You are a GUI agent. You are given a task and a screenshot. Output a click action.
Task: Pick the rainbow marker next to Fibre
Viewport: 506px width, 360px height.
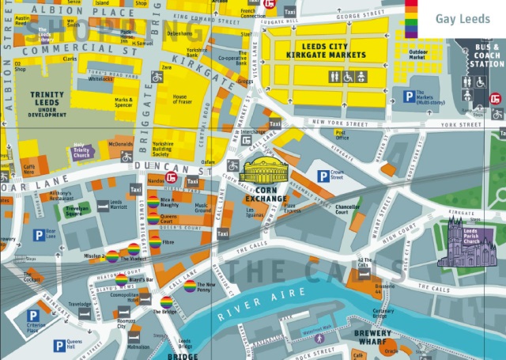[155, 243]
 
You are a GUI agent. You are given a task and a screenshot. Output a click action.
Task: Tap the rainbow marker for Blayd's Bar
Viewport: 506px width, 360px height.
[121, 279]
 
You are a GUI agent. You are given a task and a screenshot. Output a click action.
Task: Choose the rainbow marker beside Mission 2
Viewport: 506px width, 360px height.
[113, 256]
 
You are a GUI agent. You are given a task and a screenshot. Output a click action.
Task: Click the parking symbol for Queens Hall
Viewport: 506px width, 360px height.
[59, 345]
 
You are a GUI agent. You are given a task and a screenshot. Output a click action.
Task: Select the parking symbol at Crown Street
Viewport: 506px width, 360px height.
[323, 176]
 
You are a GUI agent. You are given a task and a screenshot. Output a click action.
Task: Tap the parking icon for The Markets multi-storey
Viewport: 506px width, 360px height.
[409, 97]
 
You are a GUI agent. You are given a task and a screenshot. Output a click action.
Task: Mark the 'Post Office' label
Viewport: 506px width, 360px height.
[342, 135]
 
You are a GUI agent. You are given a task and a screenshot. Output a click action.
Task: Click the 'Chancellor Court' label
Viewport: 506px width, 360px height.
[348, 210]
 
